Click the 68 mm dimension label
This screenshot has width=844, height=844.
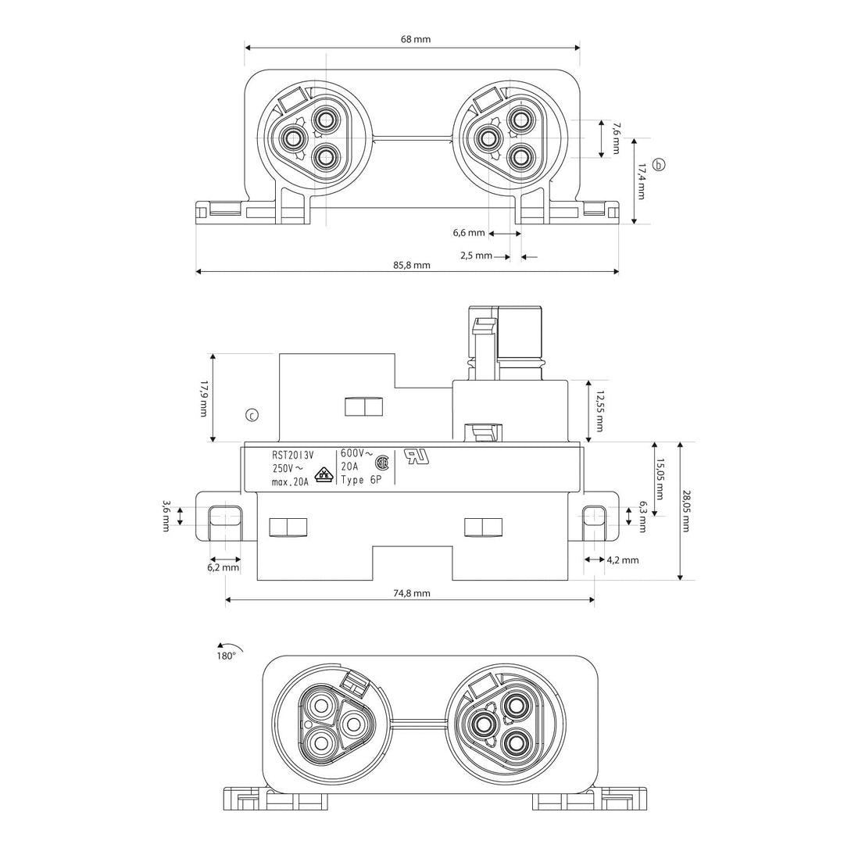416,39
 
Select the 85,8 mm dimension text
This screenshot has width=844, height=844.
412,265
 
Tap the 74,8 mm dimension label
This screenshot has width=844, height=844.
412,593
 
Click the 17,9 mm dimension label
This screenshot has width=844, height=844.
203,399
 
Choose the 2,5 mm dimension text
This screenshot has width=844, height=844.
477,256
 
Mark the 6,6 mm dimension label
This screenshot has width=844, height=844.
469,233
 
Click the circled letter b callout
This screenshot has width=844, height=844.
659,165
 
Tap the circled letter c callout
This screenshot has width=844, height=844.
252,415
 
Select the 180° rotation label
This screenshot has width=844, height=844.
226,656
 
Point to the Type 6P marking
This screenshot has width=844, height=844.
361,480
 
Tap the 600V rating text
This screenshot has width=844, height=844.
356,453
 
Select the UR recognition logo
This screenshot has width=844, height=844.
417,457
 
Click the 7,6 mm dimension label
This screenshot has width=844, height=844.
615,138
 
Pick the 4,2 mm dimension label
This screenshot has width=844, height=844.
623,560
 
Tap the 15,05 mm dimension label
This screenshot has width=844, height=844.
660,479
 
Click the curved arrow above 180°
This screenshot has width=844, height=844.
230,646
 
